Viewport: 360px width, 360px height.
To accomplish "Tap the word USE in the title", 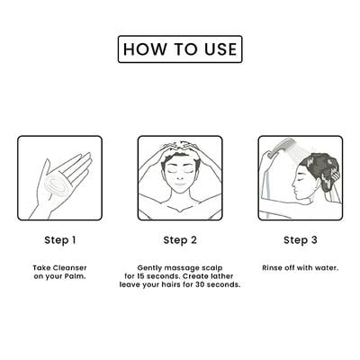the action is pyautogui.click(x=220, y=49).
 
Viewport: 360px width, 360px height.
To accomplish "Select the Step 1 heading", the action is pyautogui.click(x=60, y=240).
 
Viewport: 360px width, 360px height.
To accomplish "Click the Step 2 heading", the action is pyautogui.click(x=180, y=240).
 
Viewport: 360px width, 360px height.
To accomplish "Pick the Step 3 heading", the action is pyautogui.click(x=301, y=240).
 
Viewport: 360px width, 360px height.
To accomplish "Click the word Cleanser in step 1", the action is pyautogui.click(x=70, y=268).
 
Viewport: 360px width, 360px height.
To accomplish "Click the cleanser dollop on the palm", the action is pyautogui.click(x=56, y=184).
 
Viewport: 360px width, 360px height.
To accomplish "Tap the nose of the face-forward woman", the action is pyautogui.click(x=180, y=178).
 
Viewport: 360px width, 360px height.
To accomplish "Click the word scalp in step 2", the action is pyautogui.click(x=212, y=268).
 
